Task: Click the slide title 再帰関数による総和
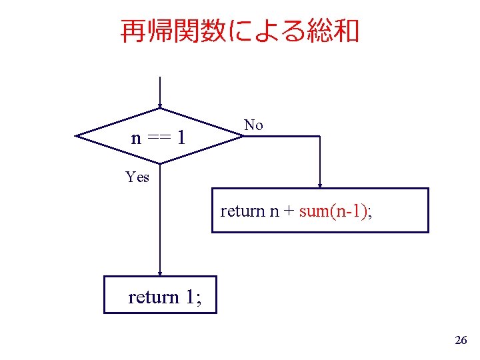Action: pyautogui.click(x=240, y=31)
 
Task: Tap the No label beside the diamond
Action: pyautogui.click(x=253, y=125)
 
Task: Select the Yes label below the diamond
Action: pyautogui.click(x=137, y=177)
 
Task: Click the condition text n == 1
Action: pyautogui.click(x=158, y=138)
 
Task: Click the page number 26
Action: pyautogui.click(x=460, y=341)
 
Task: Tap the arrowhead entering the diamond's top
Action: pyautogui.click(x=160, y=105)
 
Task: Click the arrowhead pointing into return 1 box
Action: pyautogui.click(x=160, y=273)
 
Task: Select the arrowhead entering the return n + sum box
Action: pyautogui.click(x=320, y=185)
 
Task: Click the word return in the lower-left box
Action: pyautogui.click(x=153, y=296)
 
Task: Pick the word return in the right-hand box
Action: pyautogui.click(x=243, y=211)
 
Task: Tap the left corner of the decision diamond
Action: pyautogui.click(x=76, y=136)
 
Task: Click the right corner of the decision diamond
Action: pyautogui.click(x=243, y=136)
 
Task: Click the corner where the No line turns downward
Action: pyautogui.click(x=320, y=136)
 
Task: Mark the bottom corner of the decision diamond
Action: pyautogui.click(x=160, y=163)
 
